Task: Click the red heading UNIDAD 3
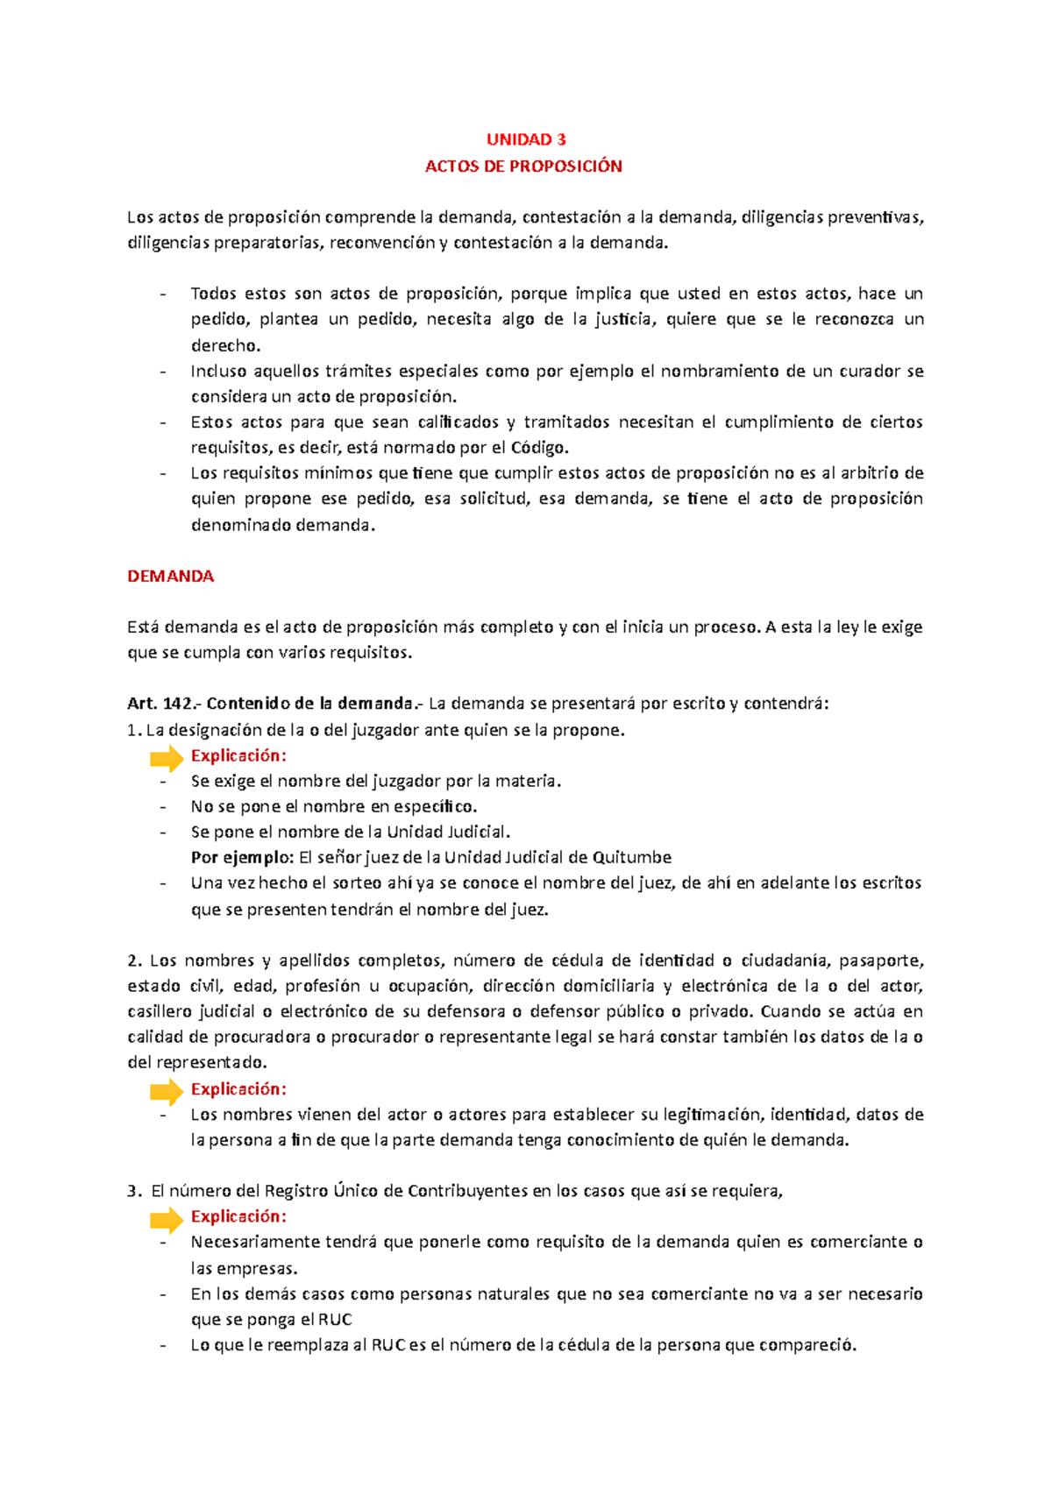point(526,139)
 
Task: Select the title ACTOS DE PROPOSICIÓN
point(523,167)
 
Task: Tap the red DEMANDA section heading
point(170,577)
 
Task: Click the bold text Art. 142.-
point(164,704)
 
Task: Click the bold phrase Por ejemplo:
point(242,857)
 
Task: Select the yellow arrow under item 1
point(167,757)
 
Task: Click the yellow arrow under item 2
point(167,1091)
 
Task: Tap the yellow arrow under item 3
point(167,1218)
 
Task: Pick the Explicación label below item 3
point(238,1216)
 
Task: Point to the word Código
point(539,448)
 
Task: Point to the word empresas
point(256,1268)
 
